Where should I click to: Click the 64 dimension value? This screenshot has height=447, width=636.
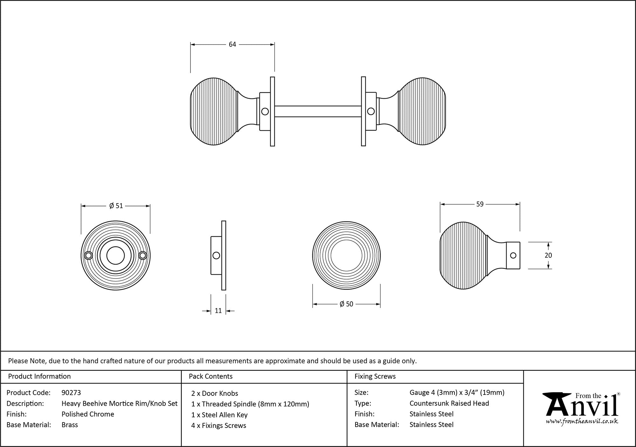(x=232, y=45)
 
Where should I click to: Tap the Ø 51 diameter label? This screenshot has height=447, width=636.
(x=116, y=206)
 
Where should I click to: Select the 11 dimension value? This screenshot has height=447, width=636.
(x=218, y=311)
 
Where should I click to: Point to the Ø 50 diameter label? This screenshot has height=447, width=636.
(x=346, y=304)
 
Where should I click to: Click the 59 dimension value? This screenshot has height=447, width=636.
(x=480, y=204)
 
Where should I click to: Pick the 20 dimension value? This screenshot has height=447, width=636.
(x=548, y=255)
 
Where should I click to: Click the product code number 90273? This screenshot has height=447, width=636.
(x=71, y=393)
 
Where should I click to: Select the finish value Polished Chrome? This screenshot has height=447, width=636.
(x=88, y=414)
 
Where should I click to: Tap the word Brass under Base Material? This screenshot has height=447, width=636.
(x=70, y=425)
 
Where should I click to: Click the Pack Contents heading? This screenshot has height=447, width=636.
(x=211, y=376)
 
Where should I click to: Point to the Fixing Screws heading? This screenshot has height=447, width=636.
(x=375, y=376)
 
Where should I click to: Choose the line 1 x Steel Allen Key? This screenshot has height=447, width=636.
(x=219, y=415)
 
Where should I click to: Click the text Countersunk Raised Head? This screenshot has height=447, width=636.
(x=449, y=403)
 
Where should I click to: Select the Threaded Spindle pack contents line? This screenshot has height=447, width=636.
(x=250, y=404)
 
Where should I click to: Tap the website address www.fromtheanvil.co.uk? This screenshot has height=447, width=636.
(x=582, y=422)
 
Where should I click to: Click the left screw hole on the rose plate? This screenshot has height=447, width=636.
(x=89, y=255)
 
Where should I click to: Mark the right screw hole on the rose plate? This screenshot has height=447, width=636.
(x=143, y=255)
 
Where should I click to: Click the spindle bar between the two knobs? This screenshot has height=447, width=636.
(x=318, y=111)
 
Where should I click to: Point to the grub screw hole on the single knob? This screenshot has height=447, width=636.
(x=513, y=255)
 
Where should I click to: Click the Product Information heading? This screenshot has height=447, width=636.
(x=39, y=376)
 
